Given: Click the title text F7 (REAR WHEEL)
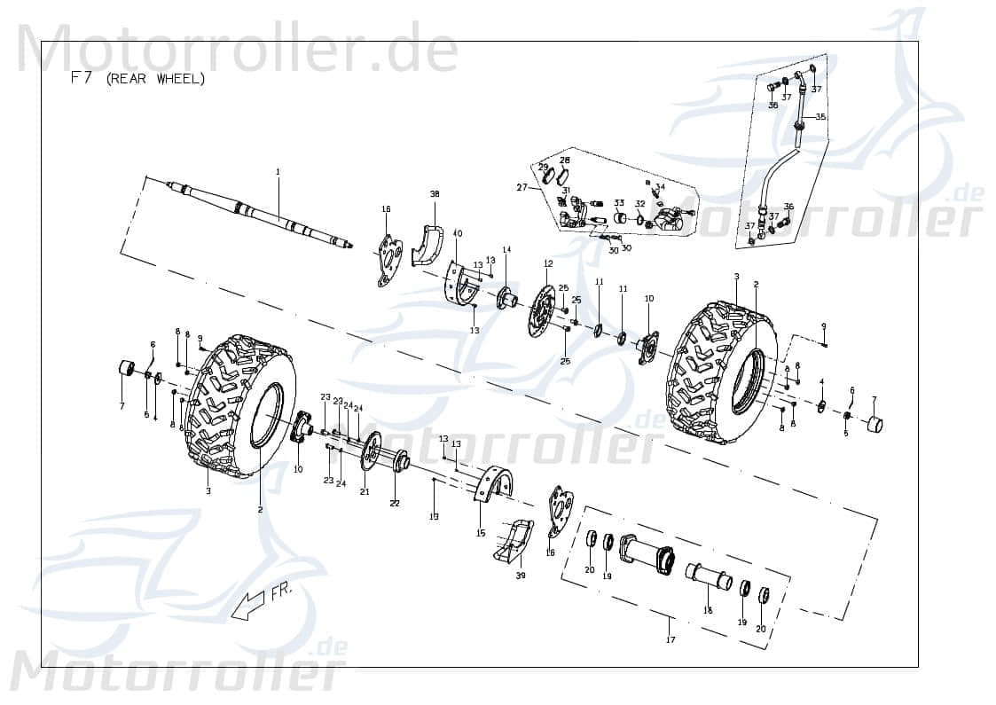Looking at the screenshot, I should click(137, 78).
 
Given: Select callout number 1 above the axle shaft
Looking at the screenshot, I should click(278, 171).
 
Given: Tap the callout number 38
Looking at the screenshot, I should click(435, 193).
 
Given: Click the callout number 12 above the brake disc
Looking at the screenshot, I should click(548, 263).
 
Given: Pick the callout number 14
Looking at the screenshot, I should click(507, 250).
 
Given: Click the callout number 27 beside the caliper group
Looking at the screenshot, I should click(522, 187).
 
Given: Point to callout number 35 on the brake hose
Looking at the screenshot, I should click(820, 117).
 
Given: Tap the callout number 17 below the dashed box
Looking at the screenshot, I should click(670, 639).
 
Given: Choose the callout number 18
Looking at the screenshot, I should click(708, 610).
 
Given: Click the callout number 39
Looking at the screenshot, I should click(521, 576).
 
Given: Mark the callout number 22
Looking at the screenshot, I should click(395, 503).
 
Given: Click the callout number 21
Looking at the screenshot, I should click(365, 491).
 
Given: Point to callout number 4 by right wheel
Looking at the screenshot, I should click(821, 381).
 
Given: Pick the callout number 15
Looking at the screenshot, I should click(481, 533).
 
